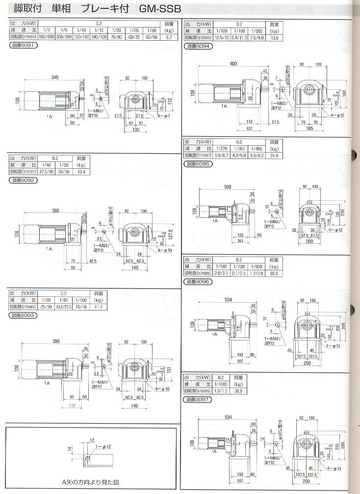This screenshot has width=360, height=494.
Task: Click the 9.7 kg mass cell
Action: click(x=169, y=37)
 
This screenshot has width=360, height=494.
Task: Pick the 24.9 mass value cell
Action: click(x=274, y=156)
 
